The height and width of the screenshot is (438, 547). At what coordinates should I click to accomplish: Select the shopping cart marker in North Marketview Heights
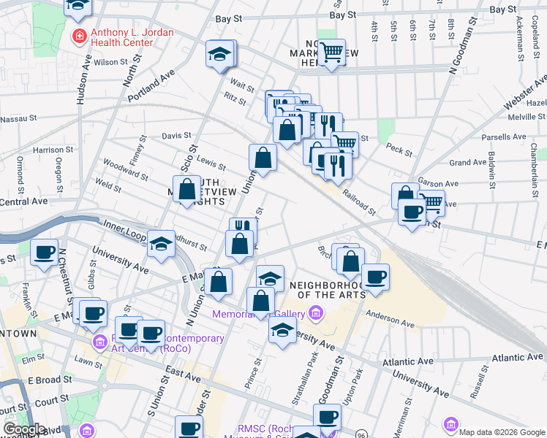coord(331,53)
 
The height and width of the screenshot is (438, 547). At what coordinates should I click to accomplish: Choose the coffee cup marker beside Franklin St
coord(44,253)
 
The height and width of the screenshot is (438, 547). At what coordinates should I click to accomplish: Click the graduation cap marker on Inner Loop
coord(161,244)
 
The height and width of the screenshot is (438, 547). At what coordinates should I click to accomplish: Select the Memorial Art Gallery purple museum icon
coord(316,314)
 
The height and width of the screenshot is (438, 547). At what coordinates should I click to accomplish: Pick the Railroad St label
coord(358,203)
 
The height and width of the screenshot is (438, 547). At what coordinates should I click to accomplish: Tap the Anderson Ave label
coord(385,320)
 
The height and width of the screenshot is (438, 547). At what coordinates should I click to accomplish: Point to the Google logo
coord(24,429)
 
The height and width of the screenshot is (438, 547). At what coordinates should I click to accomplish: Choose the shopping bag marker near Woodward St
coord(187,190)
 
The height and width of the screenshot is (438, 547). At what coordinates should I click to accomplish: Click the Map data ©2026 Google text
coord(501,431)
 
